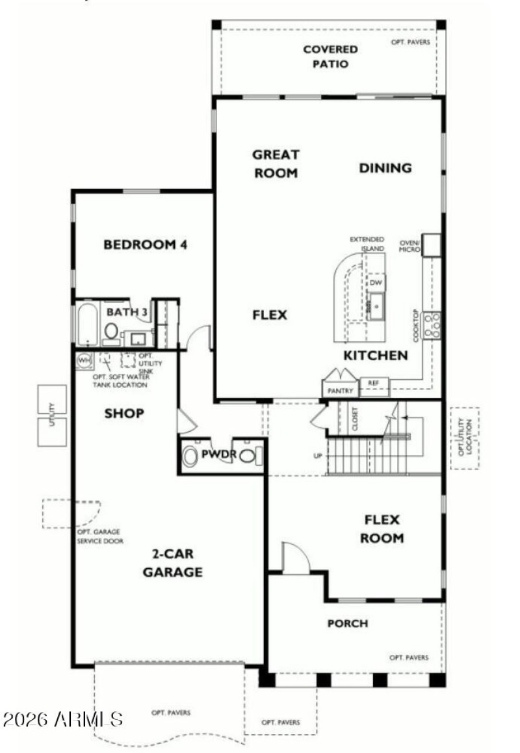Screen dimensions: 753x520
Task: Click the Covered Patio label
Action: (330, 57)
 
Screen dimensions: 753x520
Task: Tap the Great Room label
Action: (276, 164)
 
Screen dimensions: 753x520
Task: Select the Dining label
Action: (385, 168)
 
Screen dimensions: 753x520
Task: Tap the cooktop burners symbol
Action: (432, 325)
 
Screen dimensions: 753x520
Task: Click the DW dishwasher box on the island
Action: (376, 283)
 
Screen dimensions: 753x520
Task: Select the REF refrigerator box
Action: (373, 383)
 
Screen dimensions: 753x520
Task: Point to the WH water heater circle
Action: (84, 360)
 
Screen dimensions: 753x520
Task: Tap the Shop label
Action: (124, 413)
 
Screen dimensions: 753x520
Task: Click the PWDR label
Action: (218, 453)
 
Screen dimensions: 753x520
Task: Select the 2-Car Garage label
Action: (172, 563)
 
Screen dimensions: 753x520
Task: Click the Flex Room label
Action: (383, 529)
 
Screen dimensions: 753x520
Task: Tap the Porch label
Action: (347, 624)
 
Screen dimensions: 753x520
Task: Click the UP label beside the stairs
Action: (318, 455)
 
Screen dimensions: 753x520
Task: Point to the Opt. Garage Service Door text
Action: (99, 536)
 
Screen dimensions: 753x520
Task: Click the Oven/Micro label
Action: (411, 244)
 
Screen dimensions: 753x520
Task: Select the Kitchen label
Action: (376, 355)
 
